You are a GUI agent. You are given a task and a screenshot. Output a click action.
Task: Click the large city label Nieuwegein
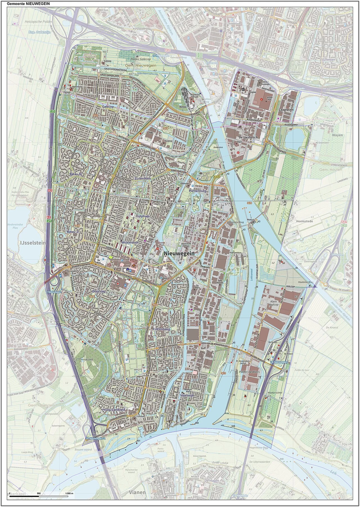(179, 253)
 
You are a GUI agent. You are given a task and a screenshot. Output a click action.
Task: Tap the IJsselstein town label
(32, 243)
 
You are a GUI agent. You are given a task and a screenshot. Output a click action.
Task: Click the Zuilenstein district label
(143, 178)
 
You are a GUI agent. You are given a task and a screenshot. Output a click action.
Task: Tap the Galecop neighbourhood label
(108, 107)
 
